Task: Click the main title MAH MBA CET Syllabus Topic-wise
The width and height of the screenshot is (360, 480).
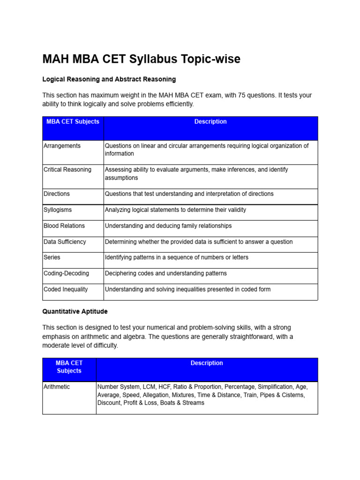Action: (x=141, y=59)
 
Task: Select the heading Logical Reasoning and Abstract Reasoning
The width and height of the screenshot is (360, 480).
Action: (x=109, y=79)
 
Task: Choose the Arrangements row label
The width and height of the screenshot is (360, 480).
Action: (x=62, y=146)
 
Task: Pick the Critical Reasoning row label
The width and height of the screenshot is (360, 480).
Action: (x=67, y=170)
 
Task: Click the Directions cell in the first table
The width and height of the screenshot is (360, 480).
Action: (x=56, y=194)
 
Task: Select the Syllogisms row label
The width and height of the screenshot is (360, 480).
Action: (x=58, y=210)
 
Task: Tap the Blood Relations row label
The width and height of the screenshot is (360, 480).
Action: (x=64, y=226)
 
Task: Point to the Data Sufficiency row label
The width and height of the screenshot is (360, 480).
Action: (x=65, y=242)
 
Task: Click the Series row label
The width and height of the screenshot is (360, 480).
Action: (x=52, y=257)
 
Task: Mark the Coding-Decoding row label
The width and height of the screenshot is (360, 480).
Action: (x=66, y=273)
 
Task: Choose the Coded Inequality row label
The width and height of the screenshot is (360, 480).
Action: (x=65, y=289)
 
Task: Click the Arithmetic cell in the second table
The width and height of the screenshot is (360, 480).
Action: (x=57, y=387)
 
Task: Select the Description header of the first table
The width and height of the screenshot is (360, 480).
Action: (x=210, y=122)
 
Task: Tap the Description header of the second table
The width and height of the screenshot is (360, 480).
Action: (x=207, y=363)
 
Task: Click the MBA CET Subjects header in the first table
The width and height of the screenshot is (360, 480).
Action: (x=73, y=122)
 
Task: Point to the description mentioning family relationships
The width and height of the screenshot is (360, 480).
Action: (x=168, y=226)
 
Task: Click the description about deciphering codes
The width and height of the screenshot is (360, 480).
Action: (x=165, y=273)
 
